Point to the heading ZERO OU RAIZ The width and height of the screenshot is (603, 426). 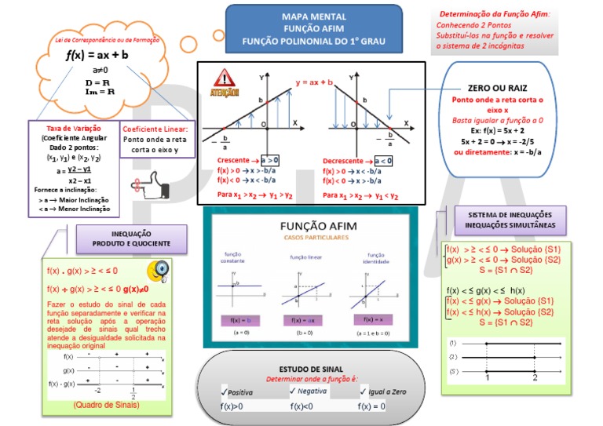coord(497,89)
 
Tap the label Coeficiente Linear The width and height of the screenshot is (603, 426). coord(155,128)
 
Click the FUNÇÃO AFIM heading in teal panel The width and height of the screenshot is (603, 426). coord(319,227)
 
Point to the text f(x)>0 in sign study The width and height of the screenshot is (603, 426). coord(232,406)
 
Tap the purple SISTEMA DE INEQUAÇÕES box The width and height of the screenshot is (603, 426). coord(509,220)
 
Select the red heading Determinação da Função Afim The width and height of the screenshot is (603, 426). coord(495,14)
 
